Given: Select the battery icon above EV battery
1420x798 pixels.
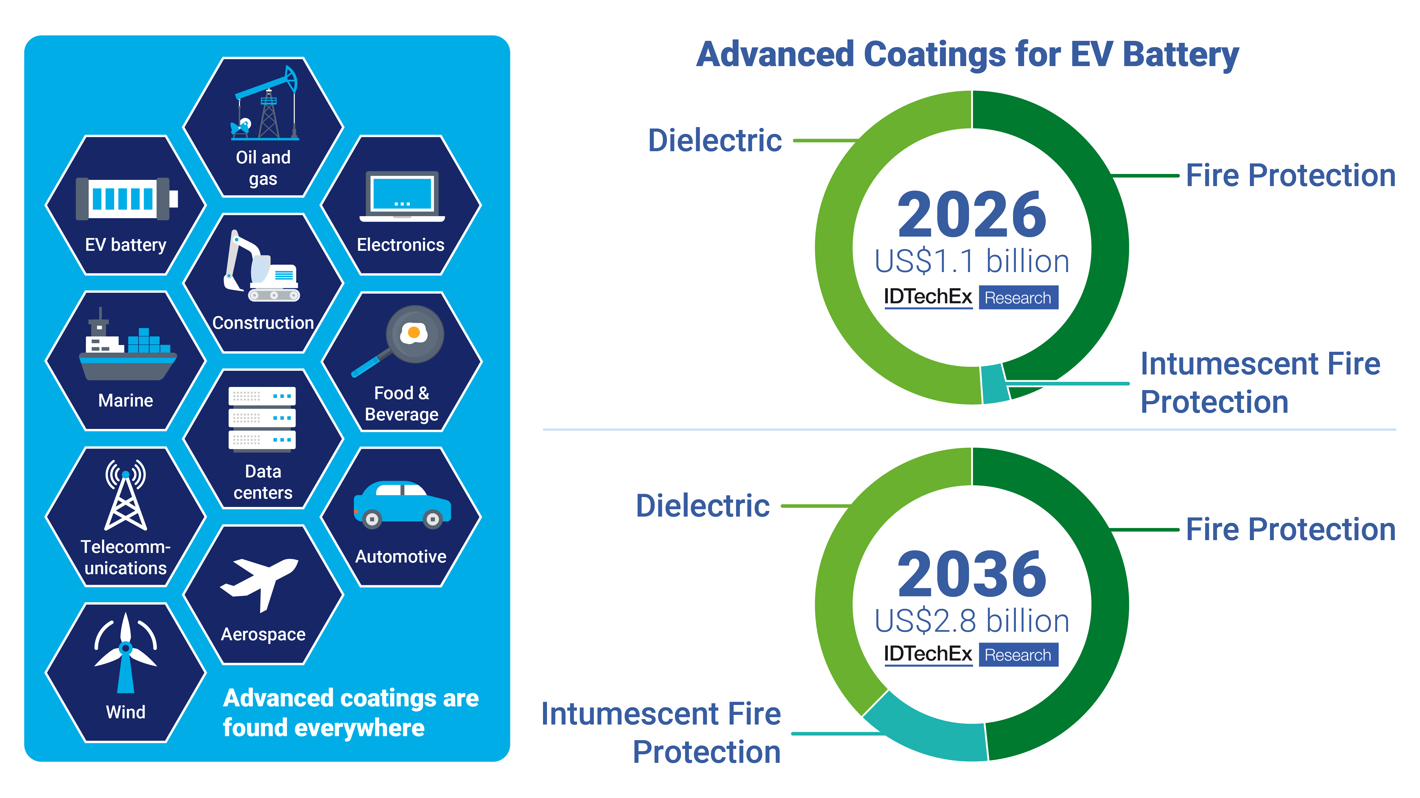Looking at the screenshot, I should pos(127,198).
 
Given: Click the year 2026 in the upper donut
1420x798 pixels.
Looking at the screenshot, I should pos(971,215).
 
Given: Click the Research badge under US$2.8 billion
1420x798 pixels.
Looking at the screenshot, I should pos(1018,655).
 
